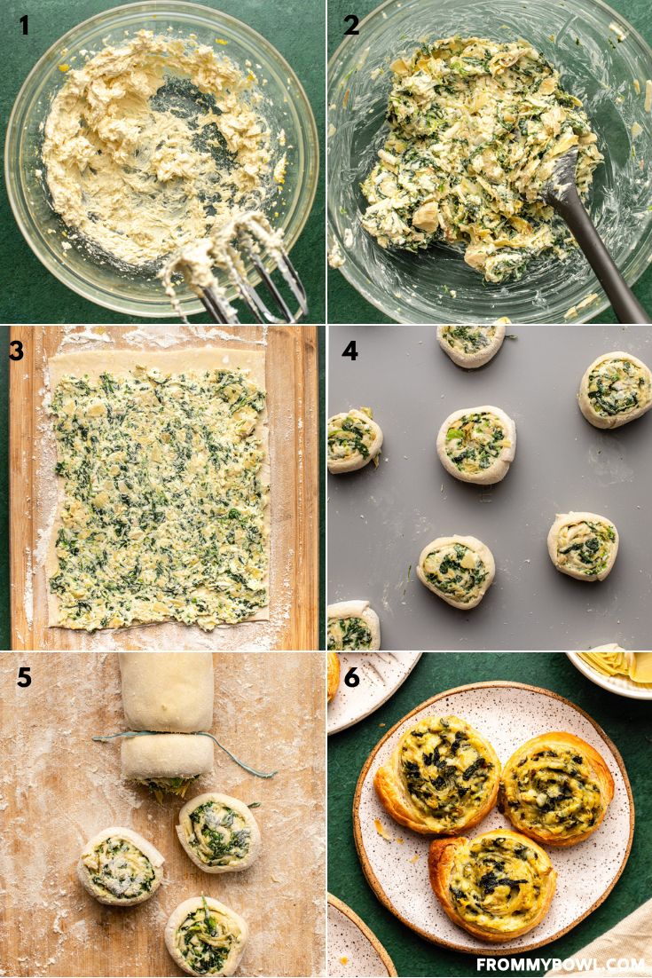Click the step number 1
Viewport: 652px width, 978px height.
[24, 26]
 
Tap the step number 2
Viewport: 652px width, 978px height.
[352, 26]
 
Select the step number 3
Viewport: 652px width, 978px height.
[17, 351]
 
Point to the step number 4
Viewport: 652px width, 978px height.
[350, 351]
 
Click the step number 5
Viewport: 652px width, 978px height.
[24, 678]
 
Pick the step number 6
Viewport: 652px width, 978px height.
[352, 678]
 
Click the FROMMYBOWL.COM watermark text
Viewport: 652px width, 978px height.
[560, 964]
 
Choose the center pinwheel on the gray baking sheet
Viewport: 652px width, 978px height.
[475, 443]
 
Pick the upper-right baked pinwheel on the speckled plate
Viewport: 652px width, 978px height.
[557, 786]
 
